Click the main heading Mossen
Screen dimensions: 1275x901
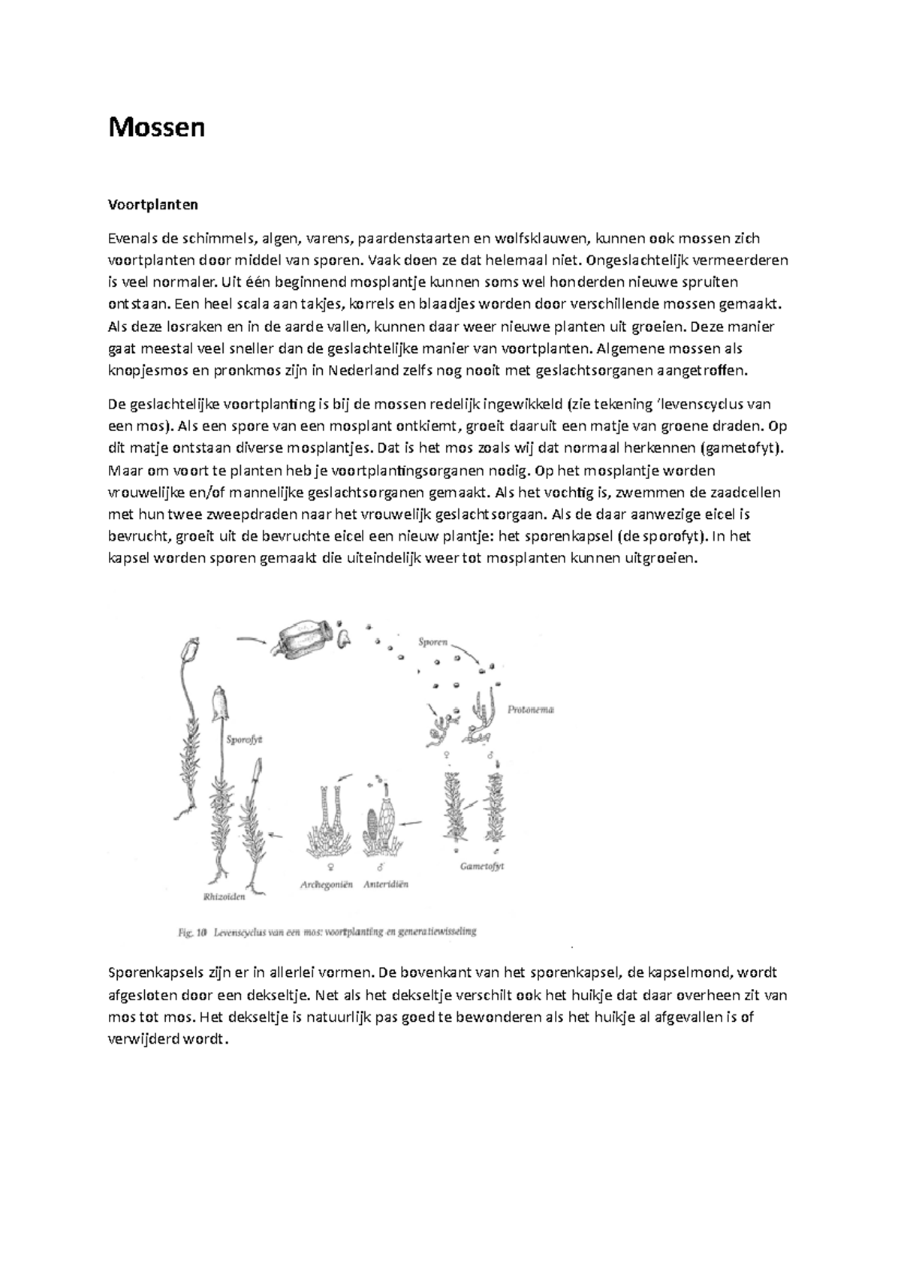click(156, 128)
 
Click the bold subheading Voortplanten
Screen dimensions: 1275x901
click(153, 204)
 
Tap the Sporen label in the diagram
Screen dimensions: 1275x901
click(433, 642)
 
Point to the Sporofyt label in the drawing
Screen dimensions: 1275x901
click(245, 739)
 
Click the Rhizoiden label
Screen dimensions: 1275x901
click(224, 896)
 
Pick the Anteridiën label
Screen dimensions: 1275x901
click(386, 885)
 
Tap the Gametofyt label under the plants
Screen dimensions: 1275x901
click(481, 866)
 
